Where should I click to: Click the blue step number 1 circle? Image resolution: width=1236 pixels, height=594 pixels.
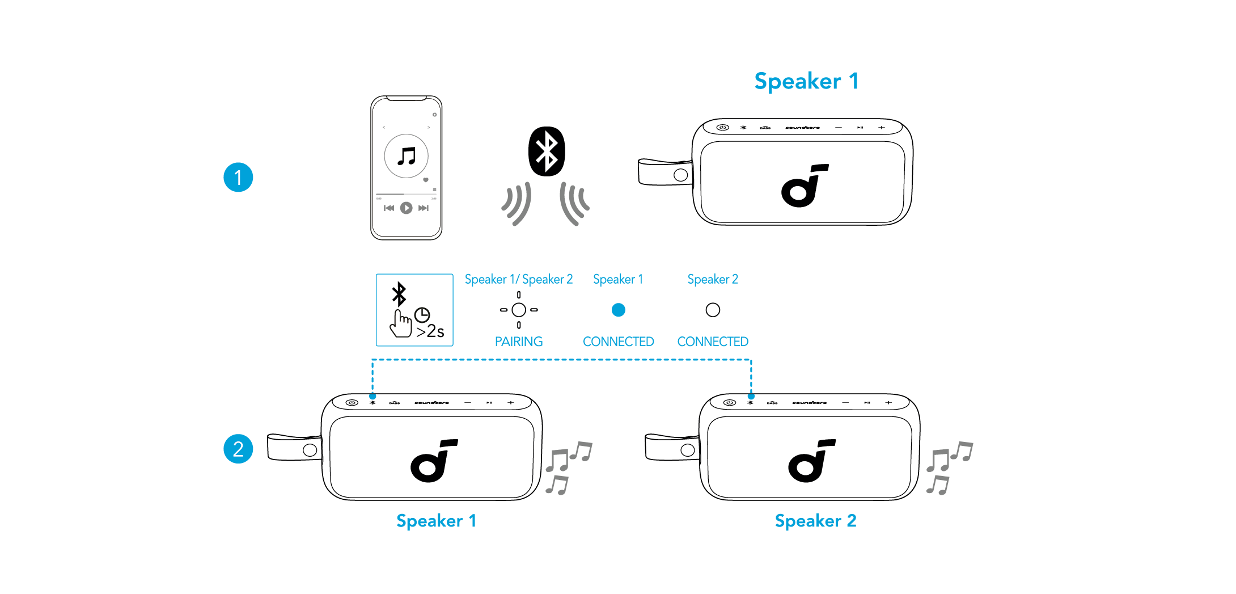pos(238,178)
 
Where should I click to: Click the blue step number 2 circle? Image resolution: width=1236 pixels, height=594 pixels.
pos(238,449)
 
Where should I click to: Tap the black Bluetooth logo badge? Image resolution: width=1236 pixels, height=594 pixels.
pos(547,151)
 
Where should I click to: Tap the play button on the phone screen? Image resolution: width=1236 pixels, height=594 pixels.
pos(406,208)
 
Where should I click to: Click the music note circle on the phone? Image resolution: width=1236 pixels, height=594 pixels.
pos(406,156)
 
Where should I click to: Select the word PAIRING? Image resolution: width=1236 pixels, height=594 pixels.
pos(518,342)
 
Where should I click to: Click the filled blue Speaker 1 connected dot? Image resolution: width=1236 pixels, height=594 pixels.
pos(618,310)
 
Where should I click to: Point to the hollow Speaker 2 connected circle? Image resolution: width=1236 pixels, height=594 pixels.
pos(713,310)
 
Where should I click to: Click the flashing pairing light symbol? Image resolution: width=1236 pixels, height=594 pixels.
pos(518,310)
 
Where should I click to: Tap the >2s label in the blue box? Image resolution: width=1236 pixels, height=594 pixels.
pos(430,331)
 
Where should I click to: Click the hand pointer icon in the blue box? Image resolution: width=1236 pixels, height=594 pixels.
pos(401,323)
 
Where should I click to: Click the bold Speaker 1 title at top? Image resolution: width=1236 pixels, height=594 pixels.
pos(806,82)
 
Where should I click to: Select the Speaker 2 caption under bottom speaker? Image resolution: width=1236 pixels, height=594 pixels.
pos(815,521)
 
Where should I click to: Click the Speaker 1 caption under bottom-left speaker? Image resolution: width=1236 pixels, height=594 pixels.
pos(436,521)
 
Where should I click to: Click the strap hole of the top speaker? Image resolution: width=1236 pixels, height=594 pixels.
pos(681,175)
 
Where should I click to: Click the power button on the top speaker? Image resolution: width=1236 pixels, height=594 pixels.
pos(722,128)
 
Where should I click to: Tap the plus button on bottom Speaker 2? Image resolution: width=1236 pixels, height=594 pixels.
pos(888,403)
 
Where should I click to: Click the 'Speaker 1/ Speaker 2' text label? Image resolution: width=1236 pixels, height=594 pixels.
pos(518,279)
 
